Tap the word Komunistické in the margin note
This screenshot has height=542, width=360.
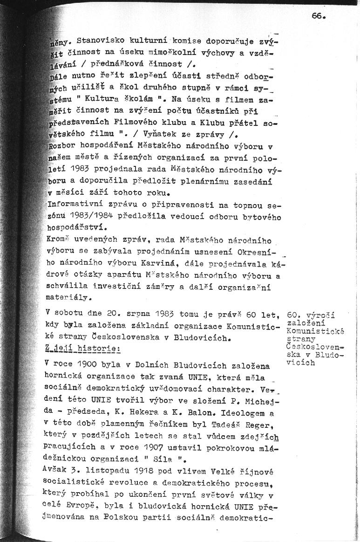316,331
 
